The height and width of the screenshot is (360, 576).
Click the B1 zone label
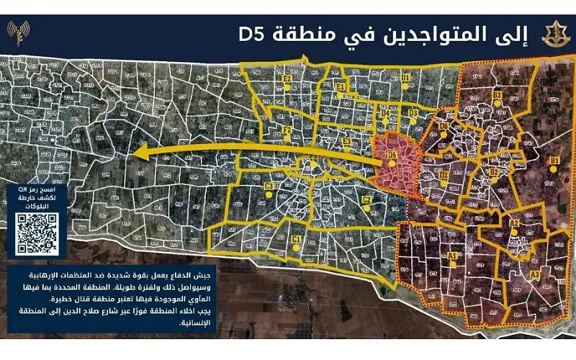tap(554, 160)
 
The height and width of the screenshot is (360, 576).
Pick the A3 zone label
tap(534, 274)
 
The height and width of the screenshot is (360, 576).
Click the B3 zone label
tap(497, 95)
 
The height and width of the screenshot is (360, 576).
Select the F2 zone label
tap(287, 130)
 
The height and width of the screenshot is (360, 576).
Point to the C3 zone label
tap(269, 186)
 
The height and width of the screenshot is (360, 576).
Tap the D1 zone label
tap(405, 76)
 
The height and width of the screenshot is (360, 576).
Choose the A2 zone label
tap(514, 224)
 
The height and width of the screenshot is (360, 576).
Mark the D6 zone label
tap(444, 127)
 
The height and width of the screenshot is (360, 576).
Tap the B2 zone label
tap(494, 173)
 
